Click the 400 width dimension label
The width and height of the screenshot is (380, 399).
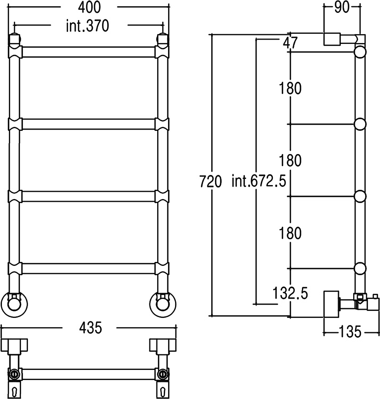[x=89, y=7]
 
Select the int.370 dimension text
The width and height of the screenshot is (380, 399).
[x=88, y=26]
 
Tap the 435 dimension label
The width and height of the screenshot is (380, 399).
[x=90, y=328]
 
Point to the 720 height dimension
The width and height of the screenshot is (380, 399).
[x=210, y=182]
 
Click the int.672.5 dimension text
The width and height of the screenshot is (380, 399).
[x=259, y=181]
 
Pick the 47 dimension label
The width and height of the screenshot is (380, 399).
[x=290, y=43]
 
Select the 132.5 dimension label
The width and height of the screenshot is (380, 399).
[x=290, y=293]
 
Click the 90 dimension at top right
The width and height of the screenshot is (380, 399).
[x=342, y=7]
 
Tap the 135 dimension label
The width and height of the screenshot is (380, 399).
[x=350, y=332]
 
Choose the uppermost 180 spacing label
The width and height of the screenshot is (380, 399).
[x=290, y=88]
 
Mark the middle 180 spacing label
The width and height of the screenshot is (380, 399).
[x=290, y=161]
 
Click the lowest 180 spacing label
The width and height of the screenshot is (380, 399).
[x=290, y=233]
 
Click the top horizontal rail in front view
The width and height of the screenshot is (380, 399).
[x=88, y=52]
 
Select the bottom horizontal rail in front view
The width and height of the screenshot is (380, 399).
[x=88, y=269]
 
